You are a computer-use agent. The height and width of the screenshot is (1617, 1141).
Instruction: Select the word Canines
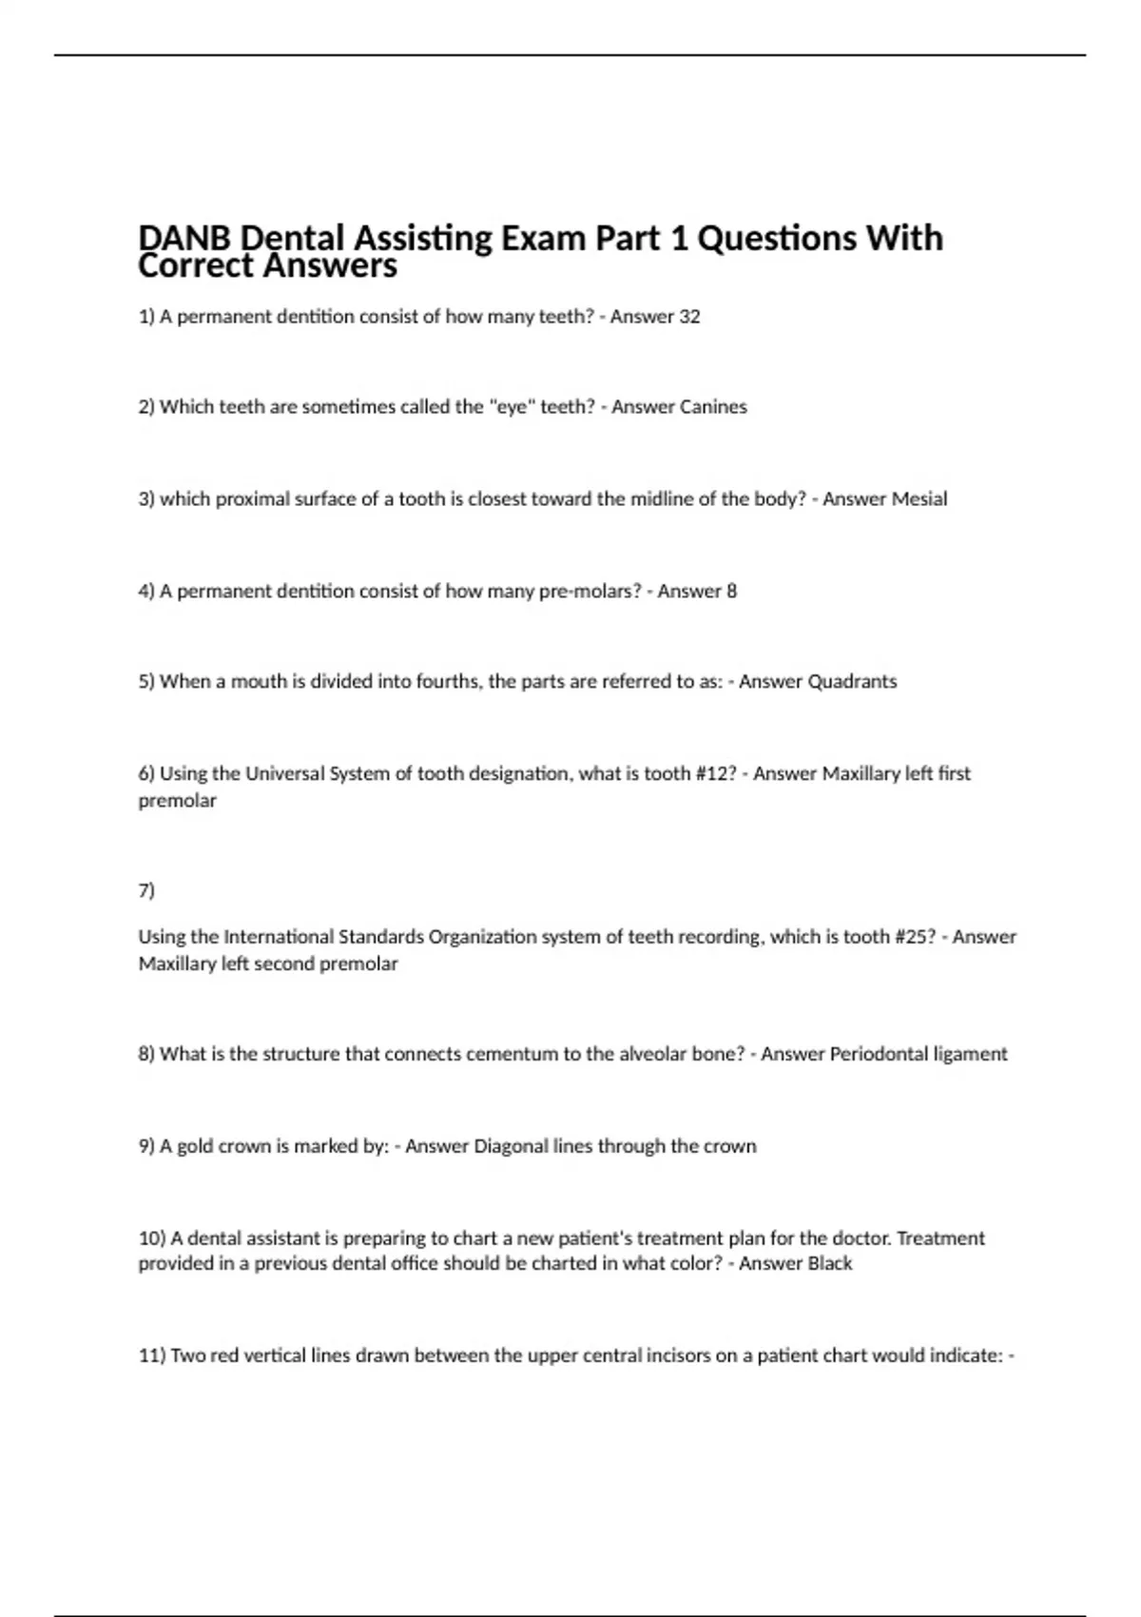tap(713, 407)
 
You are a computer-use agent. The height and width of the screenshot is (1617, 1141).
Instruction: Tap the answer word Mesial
tap(917, 499)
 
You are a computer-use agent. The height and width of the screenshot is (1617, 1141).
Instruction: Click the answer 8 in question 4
tap(731, 592)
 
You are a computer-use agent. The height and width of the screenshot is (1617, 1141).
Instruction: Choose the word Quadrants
tap(851, 682)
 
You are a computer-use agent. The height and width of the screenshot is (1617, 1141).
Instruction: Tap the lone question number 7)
tap(146, 890)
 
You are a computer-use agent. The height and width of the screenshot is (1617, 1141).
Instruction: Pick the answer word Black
tap(829, 1264)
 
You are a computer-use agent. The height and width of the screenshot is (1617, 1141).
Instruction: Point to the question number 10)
tap(152, 1238)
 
